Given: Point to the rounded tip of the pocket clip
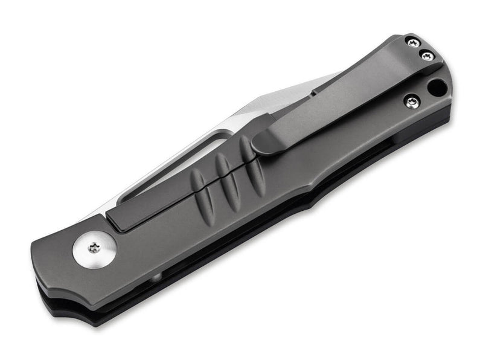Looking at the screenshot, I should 261,145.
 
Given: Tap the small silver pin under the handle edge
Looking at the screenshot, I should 156,277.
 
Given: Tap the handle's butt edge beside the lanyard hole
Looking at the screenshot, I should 450,91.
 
